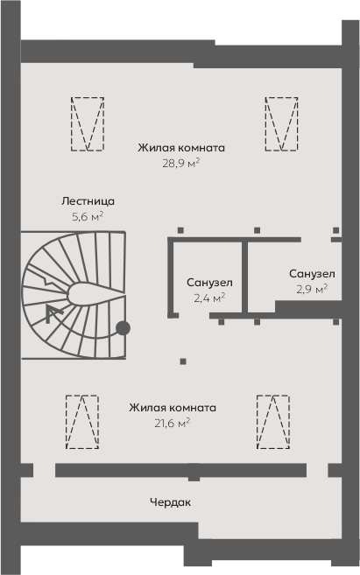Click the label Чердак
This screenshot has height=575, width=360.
point(170,502)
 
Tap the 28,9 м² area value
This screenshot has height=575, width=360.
point(181,163)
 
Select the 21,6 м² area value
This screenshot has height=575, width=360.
point(172,424)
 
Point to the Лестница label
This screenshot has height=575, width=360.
point(88,201)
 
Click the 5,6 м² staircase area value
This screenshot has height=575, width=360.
point(88,216)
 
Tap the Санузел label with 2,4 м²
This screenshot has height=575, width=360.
point(209,283)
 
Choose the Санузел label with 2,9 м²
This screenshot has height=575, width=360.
point(312,274)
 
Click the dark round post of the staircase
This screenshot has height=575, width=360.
point(123,328)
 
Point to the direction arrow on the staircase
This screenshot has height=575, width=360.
point(53,313)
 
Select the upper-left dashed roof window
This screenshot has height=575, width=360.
point(88,123)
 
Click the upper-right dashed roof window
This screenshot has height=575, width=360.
point(281,123)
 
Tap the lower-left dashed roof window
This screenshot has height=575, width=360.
point(82,422)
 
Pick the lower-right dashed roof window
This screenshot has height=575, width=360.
point(273,422)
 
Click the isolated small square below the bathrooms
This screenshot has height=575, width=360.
point(183,361)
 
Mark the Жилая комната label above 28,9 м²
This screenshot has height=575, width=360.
point(181,148)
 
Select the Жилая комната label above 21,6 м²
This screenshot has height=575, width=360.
point(173,408)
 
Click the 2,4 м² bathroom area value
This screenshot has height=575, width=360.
point(209,298)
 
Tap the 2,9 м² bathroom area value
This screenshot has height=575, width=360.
point(312,289)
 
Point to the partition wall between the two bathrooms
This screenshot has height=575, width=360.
point(244,277)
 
